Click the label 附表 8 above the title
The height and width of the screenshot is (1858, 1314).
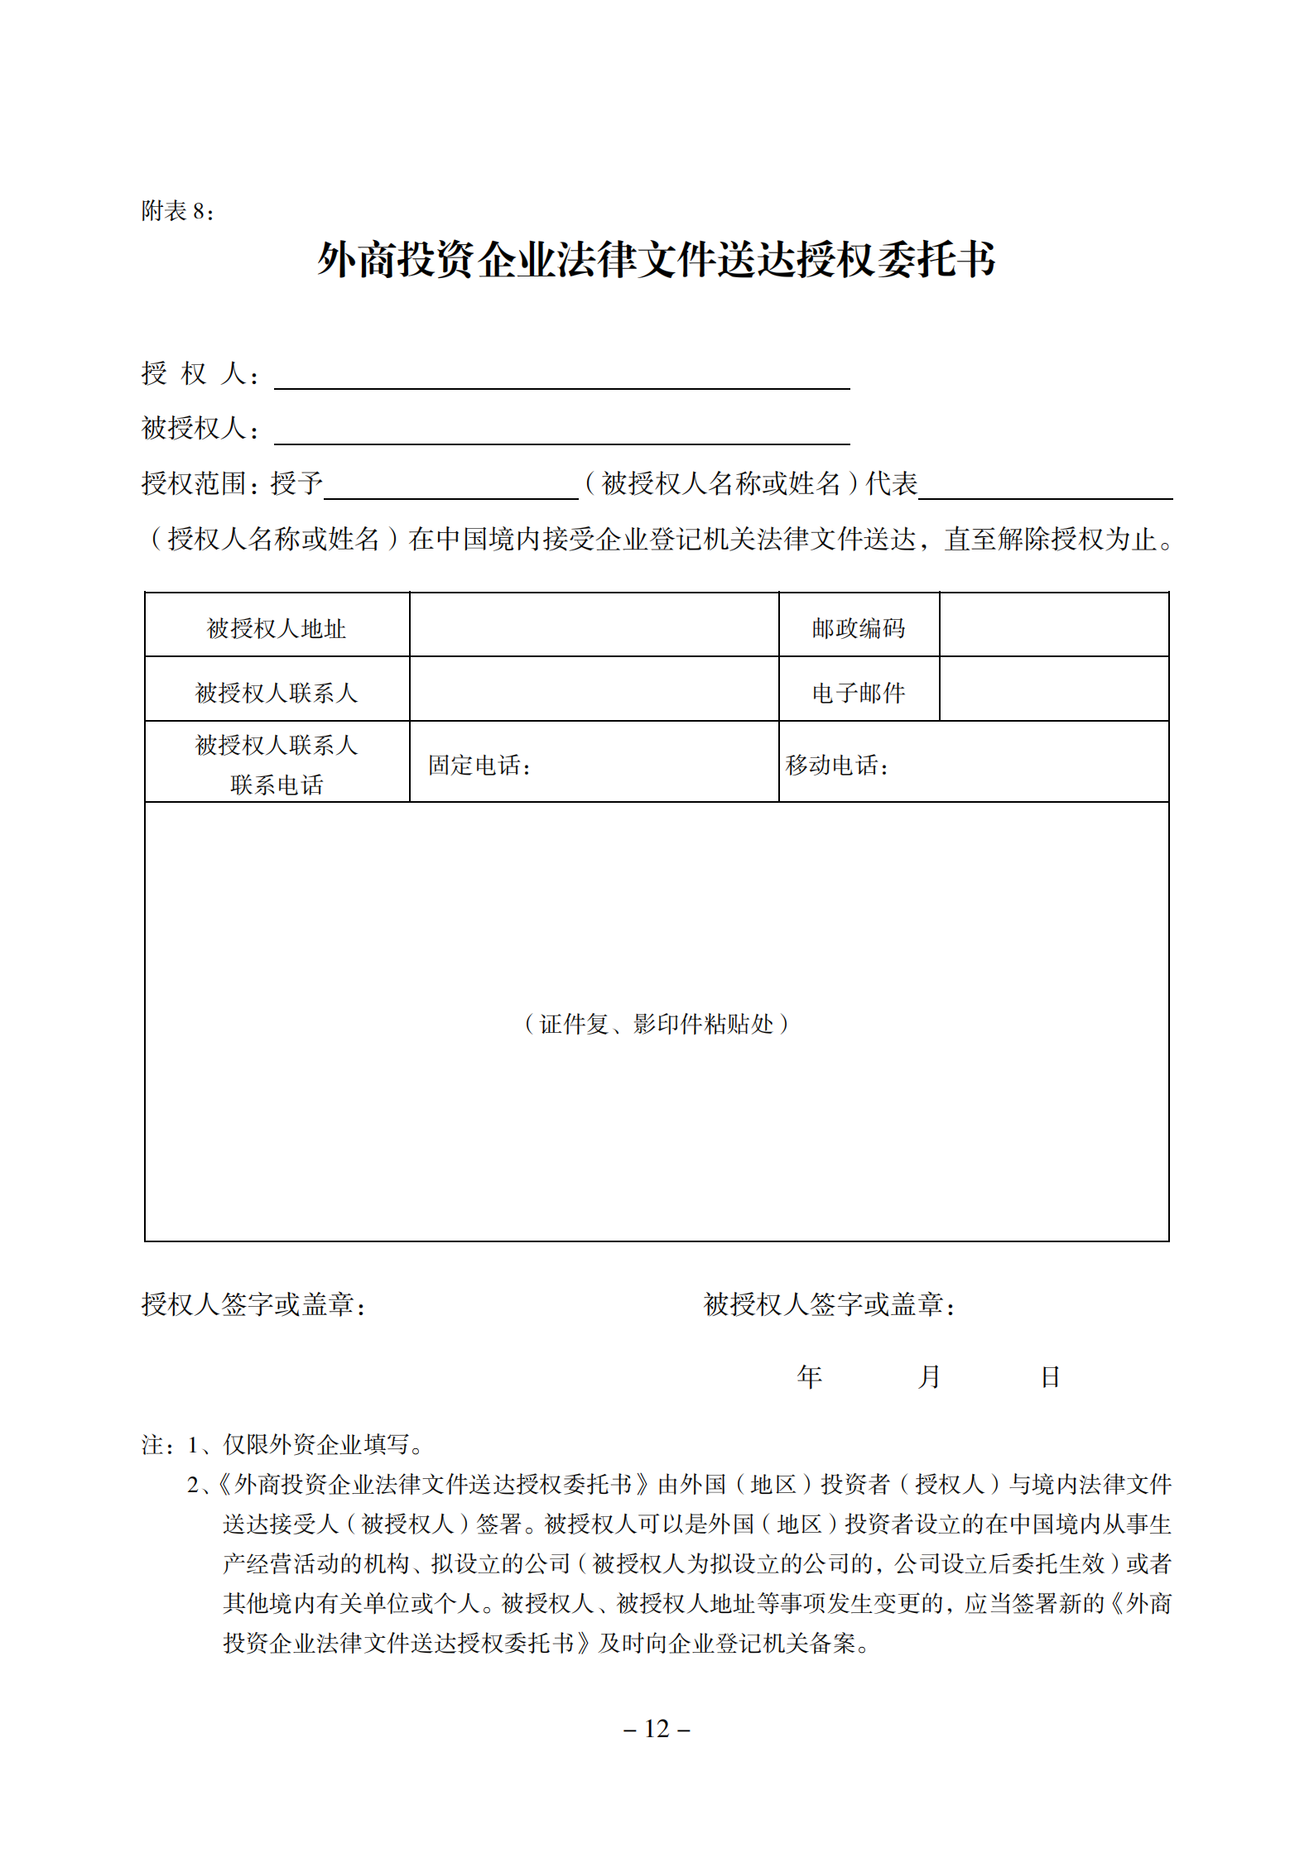(x=177, y=212)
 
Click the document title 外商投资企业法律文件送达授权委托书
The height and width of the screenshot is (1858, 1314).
(x=656, y=260)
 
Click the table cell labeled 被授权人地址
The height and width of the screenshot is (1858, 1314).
(x=277, y=629)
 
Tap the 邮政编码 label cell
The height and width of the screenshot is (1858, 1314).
(x=859, y=629)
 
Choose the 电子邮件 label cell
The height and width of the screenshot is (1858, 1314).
(x=859, y=693)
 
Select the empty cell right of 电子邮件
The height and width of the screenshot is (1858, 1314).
(x=1054, y=689)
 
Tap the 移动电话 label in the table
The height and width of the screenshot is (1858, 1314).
(x=837, y=766)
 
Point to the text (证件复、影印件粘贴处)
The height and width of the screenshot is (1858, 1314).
(x=657, y=1025)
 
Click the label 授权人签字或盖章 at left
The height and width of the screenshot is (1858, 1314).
(x=253, y=1305)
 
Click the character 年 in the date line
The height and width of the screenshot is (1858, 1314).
(x=809, y=1377)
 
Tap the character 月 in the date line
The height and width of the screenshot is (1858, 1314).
(x=930, y=1377)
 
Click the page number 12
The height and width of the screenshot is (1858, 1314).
(x=657, y=1729)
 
